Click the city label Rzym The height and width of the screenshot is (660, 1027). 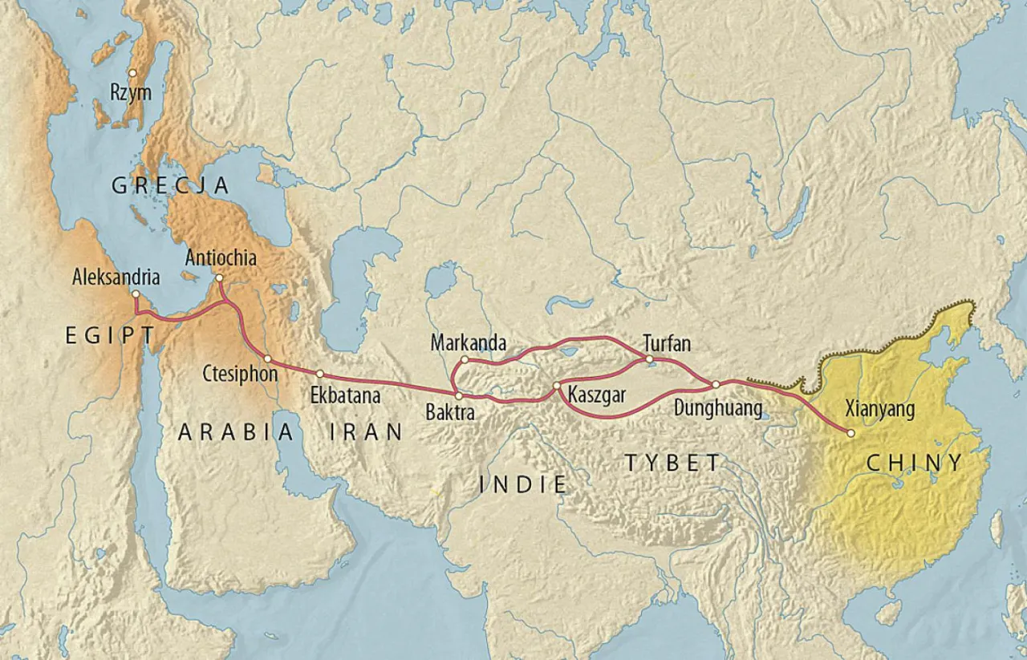tap(131, 93)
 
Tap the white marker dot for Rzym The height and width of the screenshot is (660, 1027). tap(132, 73)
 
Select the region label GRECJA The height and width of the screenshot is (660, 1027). tap(170, 187)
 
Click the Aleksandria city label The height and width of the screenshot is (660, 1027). tap(116, 277)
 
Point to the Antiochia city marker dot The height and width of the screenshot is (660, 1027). tap(220, 278)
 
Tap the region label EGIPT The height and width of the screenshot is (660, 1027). tap(110, 337)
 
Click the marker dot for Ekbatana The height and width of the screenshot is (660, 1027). tap(319, 374)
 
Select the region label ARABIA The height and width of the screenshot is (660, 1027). tap(236, 432)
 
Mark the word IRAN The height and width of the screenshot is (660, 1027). tap(367, 432)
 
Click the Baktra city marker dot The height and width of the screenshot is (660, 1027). tap(457, 395)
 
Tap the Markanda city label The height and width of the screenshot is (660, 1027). tap(469, 343)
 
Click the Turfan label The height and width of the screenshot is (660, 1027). tap(667, 343)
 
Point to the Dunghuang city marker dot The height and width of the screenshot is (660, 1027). tap(715, 384)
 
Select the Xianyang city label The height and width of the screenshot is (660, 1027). tap(880, 410)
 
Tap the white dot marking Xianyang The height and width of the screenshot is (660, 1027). tap(850, 433)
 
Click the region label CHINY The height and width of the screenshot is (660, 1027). tap(914, 463)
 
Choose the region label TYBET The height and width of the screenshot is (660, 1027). tap(673, 463)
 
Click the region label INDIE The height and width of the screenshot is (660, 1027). tap(522, 484)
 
